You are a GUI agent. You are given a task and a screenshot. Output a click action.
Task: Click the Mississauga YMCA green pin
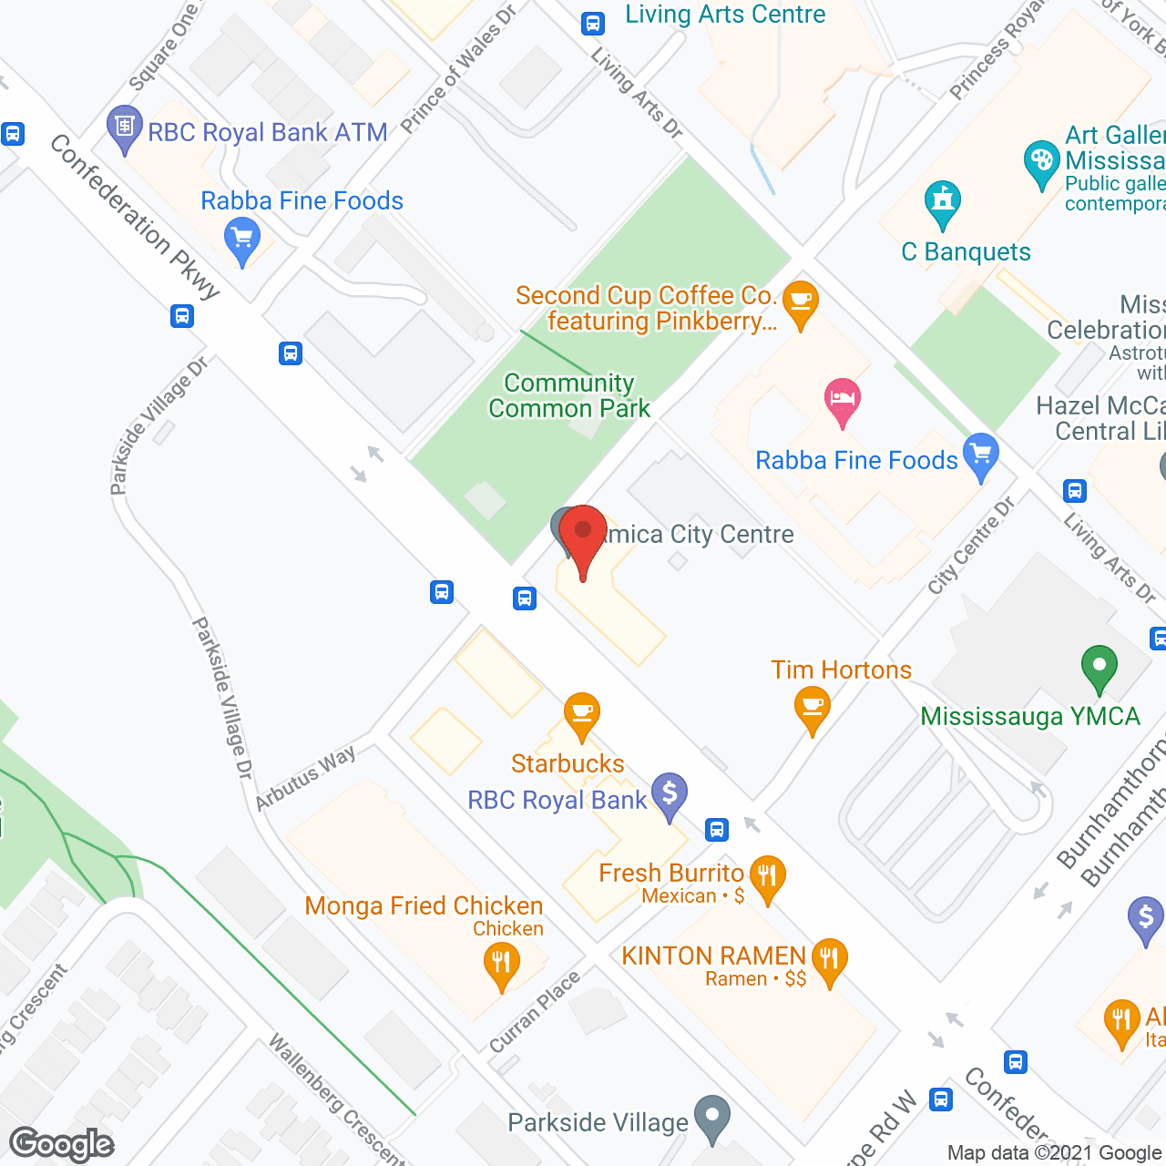pos(1099,669)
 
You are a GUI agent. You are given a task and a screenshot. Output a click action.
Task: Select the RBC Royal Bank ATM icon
pos(124,128)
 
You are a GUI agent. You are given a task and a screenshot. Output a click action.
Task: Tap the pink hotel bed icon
pos(842,401)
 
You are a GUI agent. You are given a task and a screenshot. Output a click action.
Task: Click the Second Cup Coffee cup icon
pos(800,302)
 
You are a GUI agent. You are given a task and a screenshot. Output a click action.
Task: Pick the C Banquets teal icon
pos(942,204)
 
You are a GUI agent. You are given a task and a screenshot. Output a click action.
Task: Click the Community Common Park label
pos(569,395)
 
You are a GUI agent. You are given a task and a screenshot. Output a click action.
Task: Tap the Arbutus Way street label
pos(304,779)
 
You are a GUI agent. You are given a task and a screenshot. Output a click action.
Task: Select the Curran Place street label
pos(535,1012)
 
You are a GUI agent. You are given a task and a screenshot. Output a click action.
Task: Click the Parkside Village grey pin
pos(711,1117)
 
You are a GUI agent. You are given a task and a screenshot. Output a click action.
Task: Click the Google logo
pos(62,1144)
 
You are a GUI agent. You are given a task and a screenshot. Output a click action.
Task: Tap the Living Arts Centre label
pos(725,15)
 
